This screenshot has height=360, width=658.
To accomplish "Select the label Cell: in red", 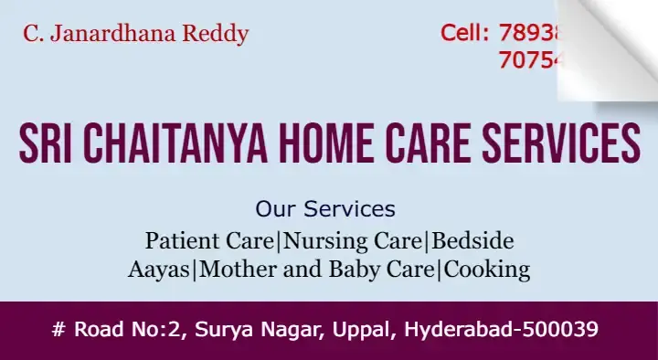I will pyautogui.click(x=465, y=34).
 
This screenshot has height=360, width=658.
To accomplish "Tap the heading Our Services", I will pyautogui.click(x=325, y=208).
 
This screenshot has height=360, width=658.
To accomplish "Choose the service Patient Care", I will pyautogui.click(x=209, y=241).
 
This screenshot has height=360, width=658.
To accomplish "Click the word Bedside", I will pyautogui.click(x=472, y=241).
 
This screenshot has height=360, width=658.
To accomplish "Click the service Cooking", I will pyautogui.click(x=487, y=270).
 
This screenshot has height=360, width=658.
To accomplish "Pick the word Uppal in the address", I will pyautogui.click(x=356, y=329).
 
